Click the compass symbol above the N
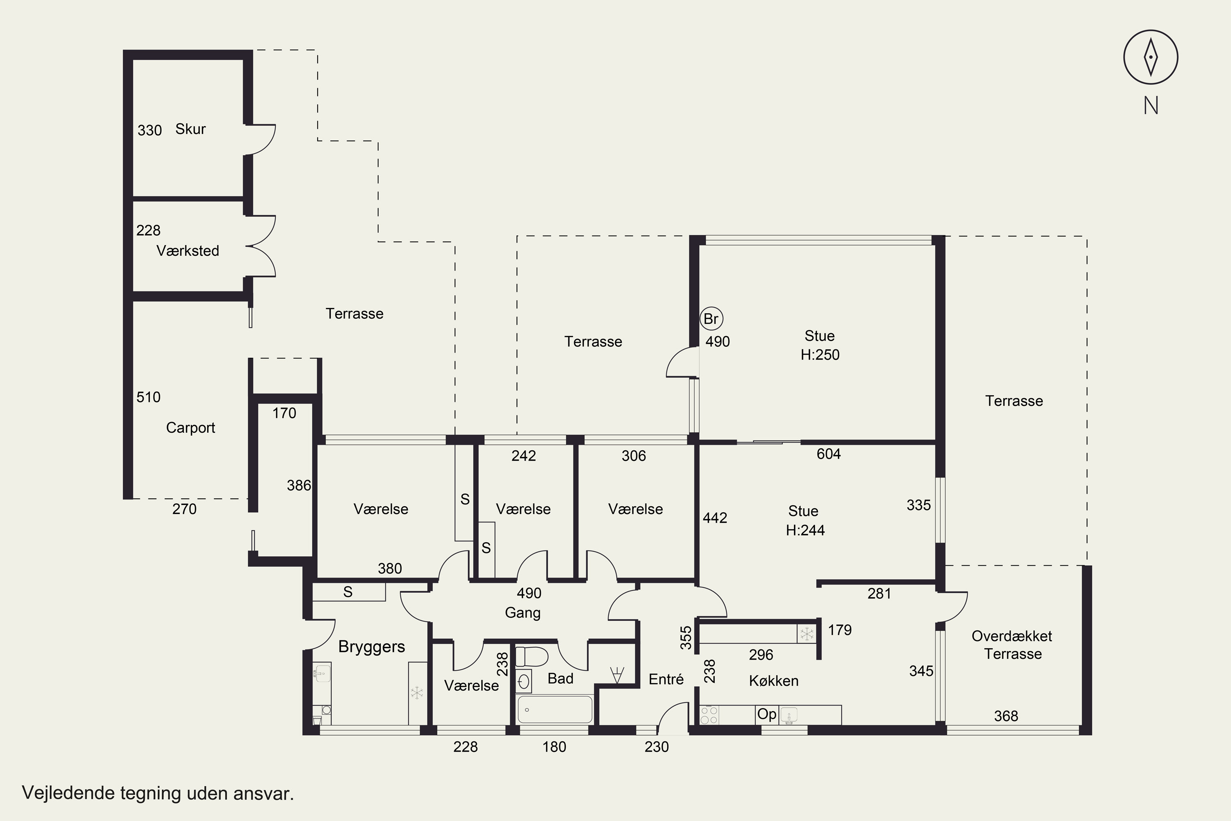(x=1151, y=57)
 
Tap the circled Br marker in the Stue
(x=711, y=319)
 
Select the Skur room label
(x=190, y=129)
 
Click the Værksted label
(x=188, y=250)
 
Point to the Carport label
(x=190, y=428)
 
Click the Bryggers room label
(x=372, y=647)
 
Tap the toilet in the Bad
(x=531, y=656)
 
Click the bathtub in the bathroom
(x=554, y=709)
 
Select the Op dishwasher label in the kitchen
(x=767, y=714)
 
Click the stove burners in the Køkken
(x=709, y=715)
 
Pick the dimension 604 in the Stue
(x=828, y=454)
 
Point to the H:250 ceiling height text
(x=819, y=355)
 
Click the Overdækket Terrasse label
(x=1012, y=644)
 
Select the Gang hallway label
(x=522, y=612)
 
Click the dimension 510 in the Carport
(x=148, y=397)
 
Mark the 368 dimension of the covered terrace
(x=1006, y=716)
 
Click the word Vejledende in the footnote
(x=69, y=793)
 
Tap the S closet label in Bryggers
(x=348, y=592)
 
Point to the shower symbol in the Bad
(x=617, y=675)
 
